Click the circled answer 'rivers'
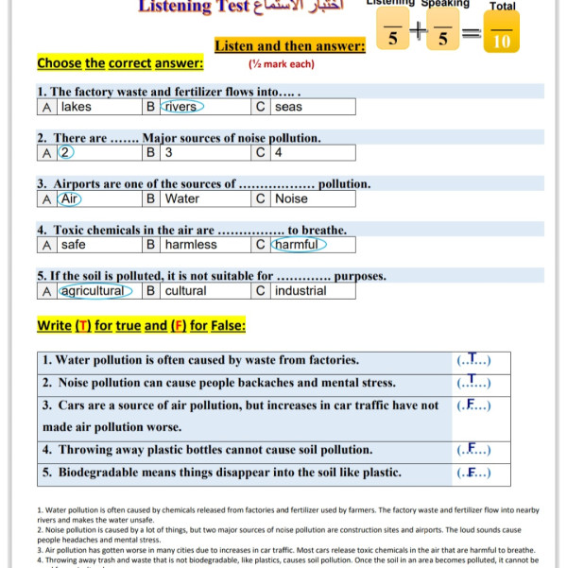point(180,107)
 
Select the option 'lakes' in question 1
point(77,107)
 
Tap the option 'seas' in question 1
point(289,107)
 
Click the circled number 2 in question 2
point(65,152)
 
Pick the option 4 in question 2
point(279,152)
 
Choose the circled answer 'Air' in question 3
point(71,198)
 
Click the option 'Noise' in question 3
point(291,198)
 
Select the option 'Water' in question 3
point(182,198)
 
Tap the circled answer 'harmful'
point(299,245)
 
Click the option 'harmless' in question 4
point(191,245)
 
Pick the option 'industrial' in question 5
point(301,291)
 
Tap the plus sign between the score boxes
point(417,36)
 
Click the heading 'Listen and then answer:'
point(290,46)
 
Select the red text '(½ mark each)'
point(282,64)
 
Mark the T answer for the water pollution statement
point(473,360)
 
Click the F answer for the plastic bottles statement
point(472,450)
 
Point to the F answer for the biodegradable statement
point(472,473)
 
